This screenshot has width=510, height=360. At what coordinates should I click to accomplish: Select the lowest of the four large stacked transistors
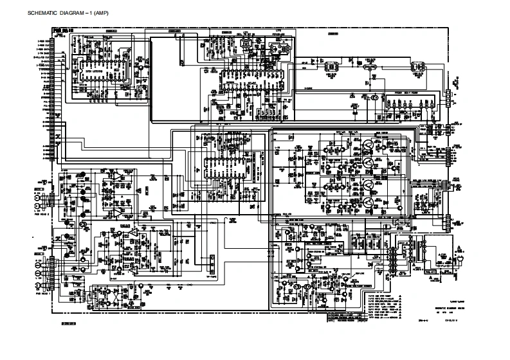click(368, 204)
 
